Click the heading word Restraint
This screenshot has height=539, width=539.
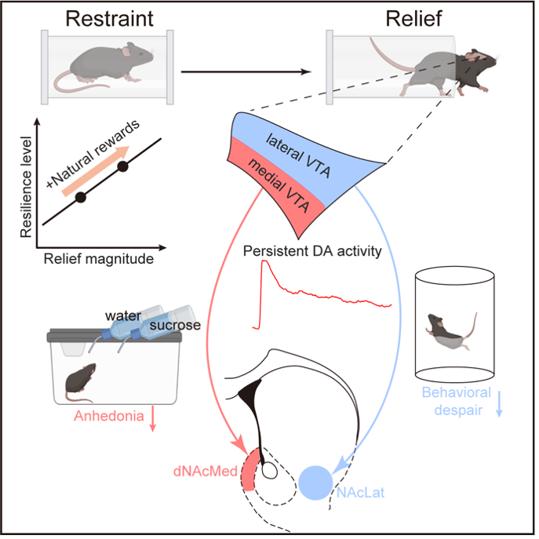point(108,20)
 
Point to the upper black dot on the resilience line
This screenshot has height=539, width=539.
point(122,166)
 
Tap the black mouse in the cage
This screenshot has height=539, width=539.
point(81,378)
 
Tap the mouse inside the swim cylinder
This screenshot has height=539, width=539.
point(446,329)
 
